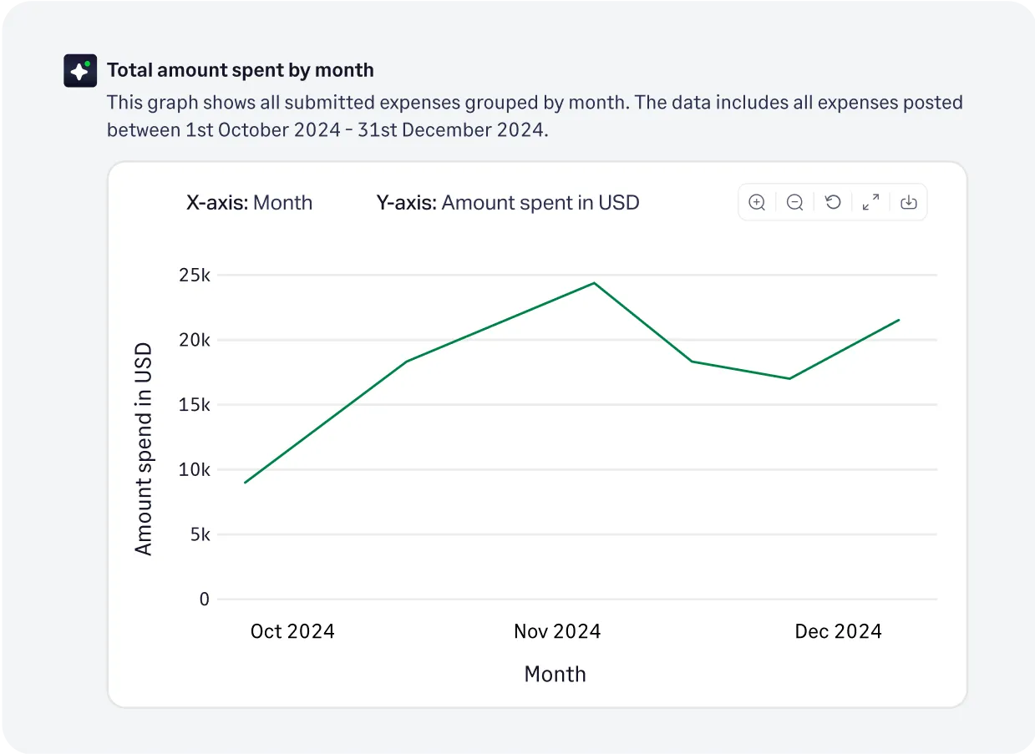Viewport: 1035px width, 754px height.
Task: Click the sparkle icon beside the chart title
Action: coord(80,70)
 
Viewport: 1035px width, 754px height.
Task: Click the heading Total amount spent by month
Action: coord(240,70)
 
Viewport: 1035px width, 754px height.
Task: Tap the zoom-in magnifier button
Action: coord(757,202)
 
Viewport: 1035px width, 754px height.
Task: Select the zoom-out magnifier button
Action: coord(795,202)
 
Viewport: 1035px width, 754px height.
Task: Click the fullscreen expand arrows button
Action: coord(870,202)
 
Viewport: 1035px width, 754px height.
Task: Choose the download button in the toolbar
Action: coord(909,202)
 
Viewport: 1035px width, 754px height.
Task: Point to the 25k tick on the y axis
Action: coord(194,276)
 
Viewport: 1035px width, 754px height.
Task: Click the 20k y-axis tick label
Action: coord(194,340)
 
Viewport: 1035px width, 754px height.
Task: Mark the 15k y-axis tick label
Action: coord(194,405)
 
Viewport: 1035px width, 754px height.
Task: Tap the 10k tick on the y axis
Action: coord(194,469)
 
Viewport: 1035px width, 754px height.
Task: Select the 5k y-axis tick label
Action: coord(199,534)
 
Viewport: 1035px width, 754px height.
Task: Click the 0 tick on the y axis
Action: coord(204,600)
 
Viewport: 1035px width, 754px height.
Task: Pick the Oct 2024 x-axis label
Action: coord(292,631)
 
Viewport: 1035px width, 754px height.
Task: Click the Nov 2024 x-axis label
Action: coord(557,631)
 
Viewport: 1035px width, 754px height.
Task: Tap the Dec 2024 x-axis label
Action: coord(838,631)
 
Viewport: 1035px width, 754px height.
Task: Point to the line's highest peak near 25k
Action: coord(594,283)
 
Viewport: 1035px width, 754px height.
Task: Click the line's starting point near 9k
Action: coord(245,483)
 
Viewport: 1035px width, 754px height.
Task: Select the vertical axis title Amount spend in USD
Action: coord(144,448)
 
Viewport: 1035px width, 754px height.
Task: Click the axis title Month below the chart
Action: coord(555,675)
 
